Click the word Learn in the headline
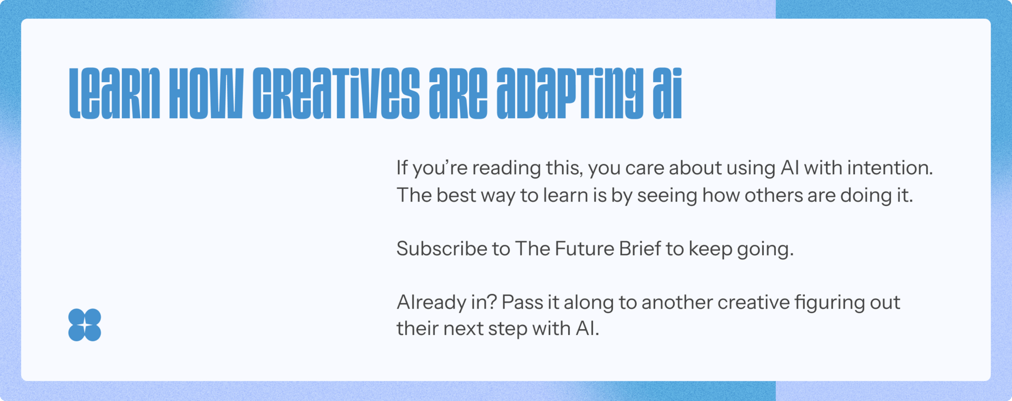(114, 93)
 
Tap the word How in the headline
(206, 93)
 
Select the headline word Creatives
(336, 93)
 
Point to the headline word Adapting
(570, 93)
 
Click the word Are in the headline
(459, 93)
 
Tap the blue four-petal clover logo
(84, 324)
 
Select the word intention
(890, 168)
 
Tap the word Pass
(522, 302)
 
